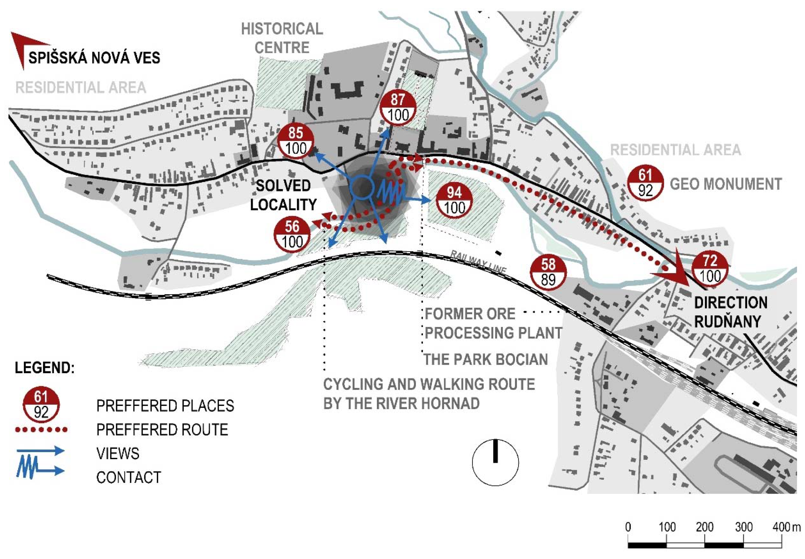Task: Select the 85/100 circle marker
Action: [296, 141]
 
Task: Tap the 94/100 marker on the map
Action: [454, 201]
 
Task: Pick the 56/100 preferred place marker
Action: [292, 234]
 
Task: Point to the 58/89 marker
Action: [548, 272]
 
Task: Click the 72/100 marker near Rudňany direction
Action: [710, 269]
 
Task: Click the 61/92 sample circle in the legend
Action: [41, 405]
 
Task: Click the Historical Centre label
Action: [282, 38]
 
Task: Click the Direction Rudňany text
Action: [731, 312]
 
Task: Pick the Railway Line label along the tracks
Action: [478, 262]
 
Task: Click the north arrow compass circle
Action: [495, 462]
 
